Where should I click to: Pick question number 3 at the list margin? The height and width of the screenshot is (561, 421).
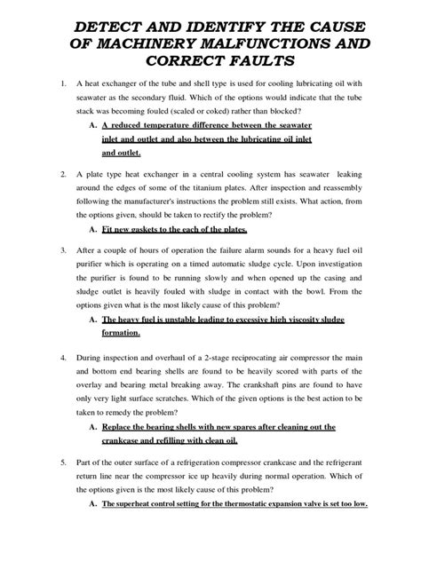click(x=61, y=251)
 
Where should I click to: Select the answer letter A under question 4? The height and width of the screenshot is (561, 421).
click(x=93, y=428)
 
